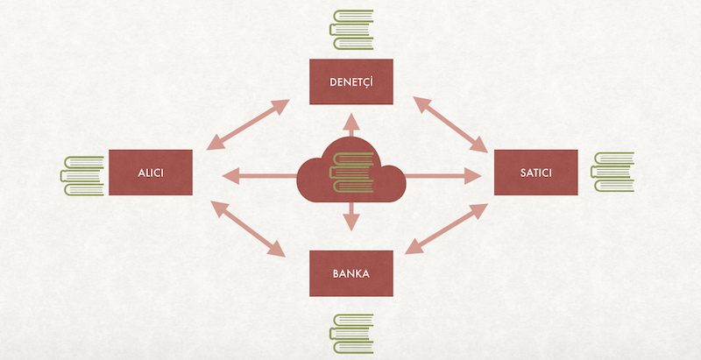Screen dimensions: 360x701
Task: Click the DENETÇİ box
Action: click(x=351, y=82)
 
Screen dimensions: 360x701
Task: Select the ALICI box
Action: click(x=150, y=173)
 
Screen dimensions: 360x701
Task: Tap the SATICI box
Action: click(x=535, y=173)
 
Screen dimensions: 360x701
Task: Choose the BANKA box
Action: click(x=351, y=272)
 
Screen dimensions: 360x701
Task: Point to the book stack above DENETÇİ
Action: click(x=351, y=32)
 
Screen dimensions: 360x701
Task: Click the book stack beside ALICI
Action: click(x=81, y=174)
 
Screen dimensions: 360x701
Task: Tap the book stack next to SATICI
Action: click(x=612, y=172)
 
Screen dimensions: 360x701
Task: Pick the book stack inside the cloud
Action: click(x=351, y=172)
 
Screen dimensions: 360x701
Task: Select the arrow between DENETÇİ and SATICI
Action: click(x=451, y=124)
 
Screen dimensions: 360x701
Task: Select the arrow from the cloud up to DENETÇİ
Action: click(x=351, y=124)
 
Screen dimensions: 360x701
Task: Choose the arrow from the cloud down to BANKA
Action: click(x=351, y=216)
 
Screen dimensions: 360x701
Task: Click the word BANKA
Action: click(x=351, y=273)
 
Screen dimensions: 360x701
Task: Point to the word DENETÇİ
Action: click(x=351, y=82)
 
